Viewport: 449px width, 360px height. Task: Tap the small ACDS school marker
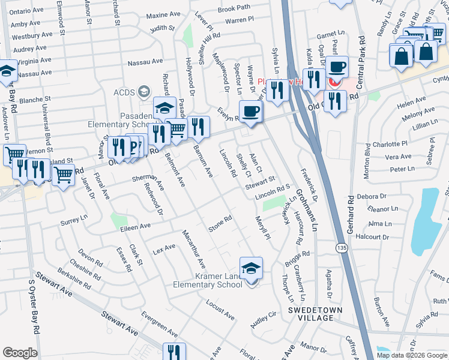pos(143,92)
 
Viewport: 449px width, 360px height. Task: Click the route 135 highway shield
pos(342,247)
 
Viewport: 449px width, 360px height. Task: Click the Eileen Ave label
pos(136,227)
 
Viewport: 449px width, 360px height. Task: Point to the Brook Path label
pos(234,9)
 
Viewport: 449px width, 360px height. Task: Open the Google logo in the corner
pos(20,353)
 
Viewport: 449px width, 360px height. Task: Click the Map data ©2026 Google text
pos(411,355)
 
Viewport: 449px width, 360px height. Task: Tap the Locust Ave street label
pos(220,309)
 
